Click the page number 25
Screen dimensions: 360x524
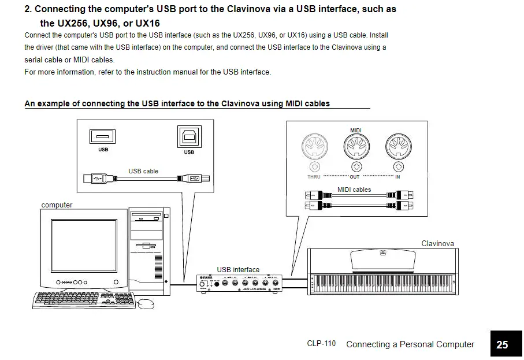pos(502,344)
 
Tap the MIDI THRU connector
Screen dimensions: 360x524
pos(313,149)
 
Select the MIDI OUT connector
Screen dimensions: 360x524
pos(355,149)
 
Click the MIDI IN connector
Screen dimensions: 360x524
pos(397,149)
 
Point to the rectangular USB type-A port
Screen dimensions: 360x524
pos(103,136)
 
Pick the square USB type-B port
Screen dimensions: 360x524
pos(189,137)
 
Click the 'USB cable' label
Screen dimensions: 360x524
pos(143,171)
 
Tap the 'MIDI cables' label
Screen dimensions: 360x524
pos(354,190)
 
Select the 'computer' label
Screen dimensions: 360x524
pos(57,205)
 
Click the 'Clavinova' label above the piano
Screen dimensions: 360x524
pos(437,244)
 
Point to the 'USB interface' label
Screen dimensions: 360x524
pos(238,269)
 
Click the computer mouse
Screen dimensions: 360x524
pos(146,303)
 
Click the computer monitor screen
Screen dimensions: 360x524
pos(83,247)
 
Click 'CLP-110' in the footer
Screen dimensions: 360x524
pos(321,344)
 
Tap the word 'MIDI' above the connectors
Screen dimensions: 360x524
pos(355,131)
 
